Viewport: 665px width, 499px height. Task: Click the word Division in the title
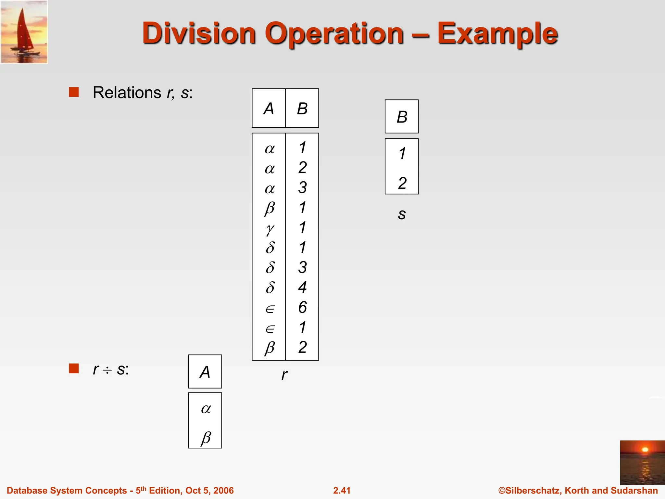(x=199, y=33)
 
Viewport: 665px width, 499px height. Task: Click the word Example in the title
(x=497, y=33)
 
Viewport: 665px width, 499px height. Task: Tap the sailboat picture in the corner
(x=24, y=32)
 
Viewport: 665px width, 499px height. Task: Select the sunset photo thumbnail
(x=642, y=462)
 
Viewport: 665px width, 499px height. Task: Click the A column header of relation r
(x=269, y=109)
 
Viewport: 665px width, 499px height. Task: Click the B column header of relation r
(x=302, y=109)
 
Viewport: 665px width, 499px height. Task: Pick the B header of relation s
(x=402, y=117)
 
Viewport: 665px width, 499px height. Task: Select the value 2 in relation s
(x=402, y=183)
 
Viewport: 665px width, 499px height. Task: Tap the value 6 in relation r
(x=302, y=307)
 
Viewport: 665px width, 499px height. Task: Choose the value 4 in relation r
(x=302, y=287)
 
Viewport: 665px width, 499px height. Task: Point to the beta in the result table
(x=206, y=438)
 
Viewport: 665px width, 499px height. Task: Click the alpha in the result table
(x=206, y=409)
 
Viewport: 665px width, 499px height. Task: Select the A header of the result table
(x=205, y=372)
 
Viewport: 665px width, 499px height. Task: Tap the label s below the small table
(x=402, y=214)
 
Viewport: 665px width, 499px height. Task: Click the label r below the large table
(x=284, y=375)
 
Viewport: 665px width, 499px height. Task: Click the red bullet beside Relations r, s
(x=74, y=92)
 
